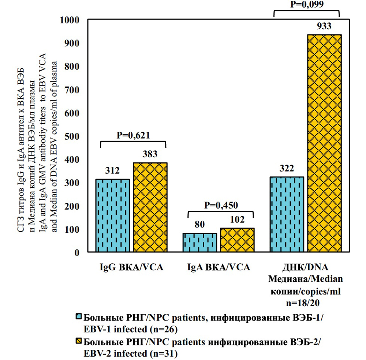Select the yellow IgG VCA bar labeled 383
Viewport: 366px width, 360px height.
click(x=150, y=207)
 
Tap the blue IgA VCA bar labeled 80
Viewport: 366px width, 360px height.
click(x=200, y=242)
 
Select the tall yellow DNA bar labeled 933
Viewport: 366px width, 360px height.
click(x=325, y=143)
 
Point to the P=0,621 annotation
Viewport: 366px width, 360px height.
click(x=133, y=135)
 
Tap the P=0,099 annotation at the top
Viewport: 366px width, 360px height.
click(x=306, y=5)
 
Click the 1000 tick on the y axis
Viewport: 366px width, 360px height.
click(x=73, y=20)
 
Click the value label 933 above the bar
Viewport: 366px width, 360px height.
click(x=324, y=26)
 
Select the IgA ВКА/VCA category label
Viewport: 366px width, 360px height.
click(x=219, y=267)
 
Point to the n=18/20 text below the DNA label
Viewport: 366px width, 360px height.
click(x=306, y=303)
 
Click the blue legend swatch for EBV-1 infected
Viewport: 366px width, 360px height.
click(x=78, y=317)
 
